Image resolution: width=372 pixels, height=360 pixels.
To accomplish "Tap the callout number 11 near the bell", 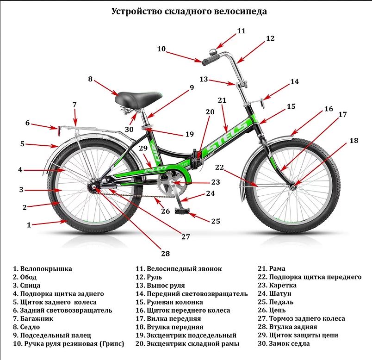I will (241, 31).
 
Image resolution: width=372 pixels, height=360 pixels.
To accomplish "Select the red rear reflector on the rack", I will (58, 130).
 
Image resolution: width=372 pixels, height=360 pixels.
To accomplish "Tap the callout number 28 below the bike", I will (166, 254).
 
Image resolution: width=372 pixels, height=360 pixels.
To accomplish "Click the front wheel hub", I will (293, 186).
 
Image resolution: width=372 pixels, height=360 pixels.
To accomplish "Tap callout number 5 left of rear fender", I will (22, 144).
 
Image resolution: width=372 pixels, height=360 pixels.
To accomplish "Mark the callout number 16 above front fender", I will (328, 109).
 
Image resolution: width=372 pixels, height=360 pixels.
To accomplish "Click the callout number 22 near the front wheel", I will (219, 167).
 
